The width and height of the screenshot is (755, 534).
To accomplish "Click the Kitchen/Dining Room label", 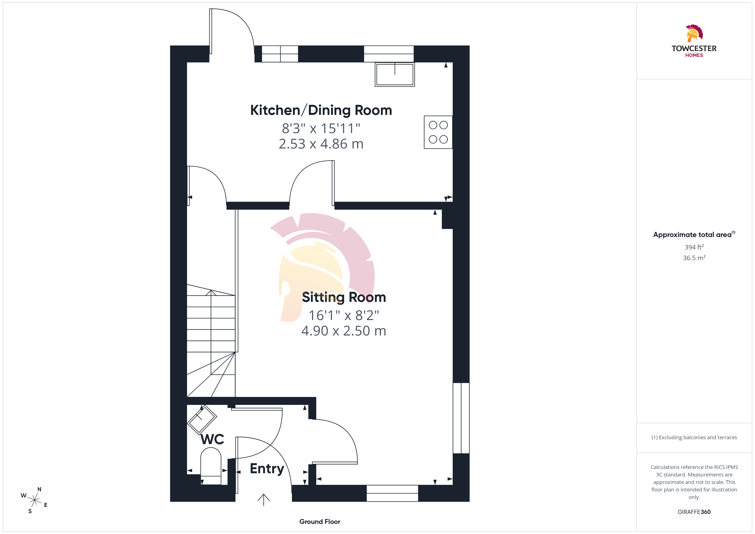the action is click(321, 110).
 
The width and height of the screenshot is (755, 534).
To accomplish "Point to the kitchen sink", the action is click(395, 75).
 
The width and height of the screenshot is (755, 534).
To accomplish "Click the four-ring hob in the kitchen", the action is click(438, 132).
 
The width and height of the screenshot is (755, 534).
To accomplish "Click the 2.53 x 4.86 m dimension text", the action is click(321, 144).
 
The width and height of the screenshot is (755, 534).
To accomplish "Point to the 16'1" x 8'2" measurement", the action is click(344, 315).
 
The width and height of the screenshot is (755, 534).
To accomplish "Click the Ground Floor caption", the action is click(320, 522).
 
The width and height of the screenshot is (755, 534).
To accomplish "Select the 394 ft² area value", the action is click(694, 247).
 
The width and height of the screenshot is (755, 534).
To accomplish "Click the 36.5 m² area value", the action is click(694, 258).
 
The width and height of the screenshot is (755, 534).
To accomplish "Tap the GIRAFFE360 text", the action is click(694, 512).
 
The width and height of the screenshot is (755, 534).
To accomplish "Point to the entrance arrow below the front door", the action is click(263, 500).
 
